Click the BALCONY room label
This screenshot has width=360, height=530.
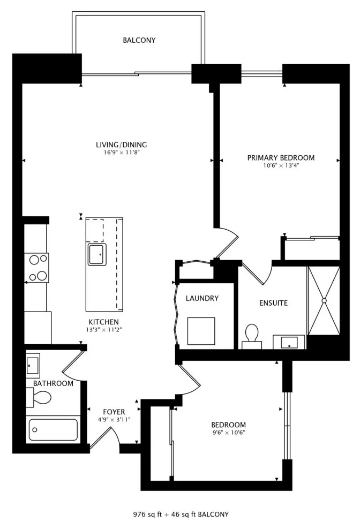point(139,40)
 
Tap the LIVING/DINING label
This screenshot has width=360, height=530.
point(122,145)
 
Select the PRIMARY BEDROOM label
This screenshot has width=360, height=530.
point(281,158)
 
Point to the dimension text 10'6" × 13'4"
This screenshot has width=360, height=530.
point(281,165)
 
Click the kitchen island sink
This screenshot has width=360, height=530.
point(97,254)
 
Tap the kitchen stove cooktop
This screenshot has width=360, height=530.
point(37,268)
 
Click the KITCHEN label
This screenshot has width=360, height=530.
point(103,322)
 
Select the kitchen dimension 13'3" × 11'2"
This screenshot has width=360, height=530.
point(103,330)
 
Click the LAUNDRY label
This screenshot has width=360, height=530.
point(202,298)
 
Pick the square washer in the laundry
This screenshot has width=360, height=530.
point(201,331)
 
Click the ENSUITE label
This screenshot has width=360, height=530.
point(273,303)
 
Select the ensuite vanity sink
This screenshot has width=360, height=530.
point(289,342)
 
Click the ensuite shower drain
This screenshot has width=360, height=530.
point(324,300)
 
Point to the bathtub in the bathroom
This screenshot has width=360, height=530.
point(53,429)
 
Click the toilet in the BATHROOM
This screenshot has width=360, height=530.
point(39,398)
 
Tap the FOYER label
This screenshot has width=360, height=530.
point(114,412)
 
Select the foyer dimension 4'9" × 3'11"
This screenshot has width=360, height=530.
point(114,420)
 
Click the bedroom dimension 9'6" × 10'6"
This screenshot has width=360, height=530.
point(229,433)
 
